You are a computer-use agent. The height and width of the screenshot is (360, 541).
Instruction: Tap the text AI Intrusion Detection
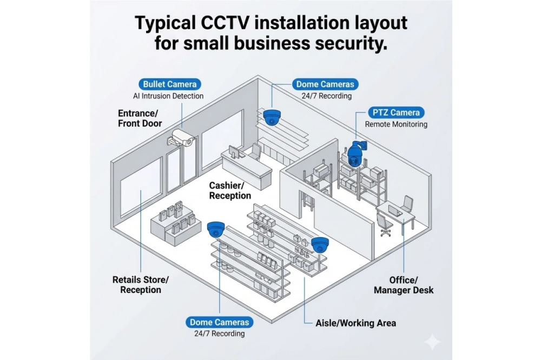168,96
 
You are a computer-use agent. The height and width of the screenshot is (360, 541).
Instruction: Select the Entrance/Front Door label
140,118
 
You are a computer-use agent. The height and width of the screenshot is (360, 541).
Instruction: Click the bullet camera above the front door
181,137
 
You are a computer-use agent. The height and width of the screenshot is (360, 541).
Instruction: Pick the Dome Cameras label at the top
325,84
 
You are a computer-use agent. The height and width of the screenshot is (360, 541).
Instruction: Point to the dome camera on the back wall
272,117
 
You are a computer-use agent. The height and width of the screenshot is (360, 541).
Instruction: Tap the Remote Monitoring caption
396,124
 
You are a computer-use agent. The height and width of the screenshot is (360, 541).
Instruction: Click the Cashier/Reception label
230,190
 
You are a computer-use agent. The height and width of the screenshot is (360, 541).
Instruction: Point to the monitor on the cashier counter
234,152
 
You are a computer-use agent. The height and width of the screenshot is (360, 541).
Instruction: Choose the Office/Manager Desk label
404,285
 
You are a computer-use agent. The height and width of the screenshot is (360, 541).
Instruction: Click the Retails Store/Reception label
140,284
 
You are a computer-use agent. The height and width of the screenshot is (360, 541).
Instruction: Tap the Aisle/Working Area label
355,323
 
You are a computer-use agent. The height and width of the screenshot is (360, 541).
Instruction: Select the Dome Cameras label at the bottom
220,322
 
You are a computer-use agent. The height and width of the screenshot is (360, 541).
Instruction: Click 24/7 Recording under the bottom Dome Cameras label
220,334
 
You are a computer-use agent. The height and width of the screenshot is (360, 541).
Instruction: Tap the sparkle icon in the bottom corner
432,342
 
